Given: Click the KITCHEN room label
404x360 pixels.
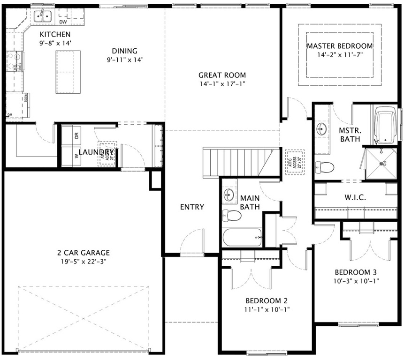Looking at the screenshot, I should pos(55,34).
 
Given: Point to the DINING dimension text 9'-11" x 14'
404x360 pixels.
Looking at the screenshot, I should pos(124,60).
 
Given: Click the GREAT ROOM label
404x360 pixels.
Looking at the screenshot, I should pos(222,75).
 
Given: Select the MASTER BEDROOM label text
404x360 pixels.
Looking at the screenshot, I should pos(340,46).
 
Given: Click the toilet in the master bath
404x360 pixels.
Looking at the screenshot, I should pos(324,166).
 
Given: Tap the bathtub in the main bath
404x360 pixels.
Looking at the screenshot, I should pos(242,237).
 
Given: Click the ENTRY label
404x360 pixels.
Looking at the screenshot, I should pos(192,207).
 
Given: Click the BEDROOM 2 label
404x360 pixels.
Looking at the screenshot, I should pos(266,300).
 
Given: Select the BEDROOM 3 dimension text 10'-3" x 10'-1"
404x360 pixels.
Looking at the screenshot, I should pos(356,281).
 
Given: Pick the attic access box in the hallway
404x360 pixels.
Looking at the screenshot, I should pos(294,162).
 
